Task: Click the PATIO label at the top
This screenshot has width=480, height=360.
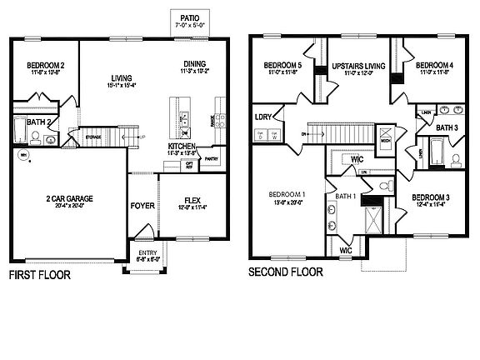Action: [190, 17]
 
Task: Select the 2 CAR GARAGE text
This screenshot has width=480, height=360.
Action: [69, 199]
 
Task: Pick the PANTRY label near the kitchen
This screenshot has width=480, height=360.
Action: [211, 157]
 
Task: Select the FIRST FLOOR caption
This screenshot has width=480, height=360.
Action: [38, 273]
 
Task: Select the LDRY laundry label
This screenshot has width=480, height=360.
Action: [263, 117]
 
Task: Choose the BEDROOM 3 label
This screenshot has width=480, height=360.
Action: [431, 197]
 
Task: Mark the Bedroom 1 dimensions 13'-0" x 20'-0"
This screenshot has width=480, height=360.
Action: [286, 202]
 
